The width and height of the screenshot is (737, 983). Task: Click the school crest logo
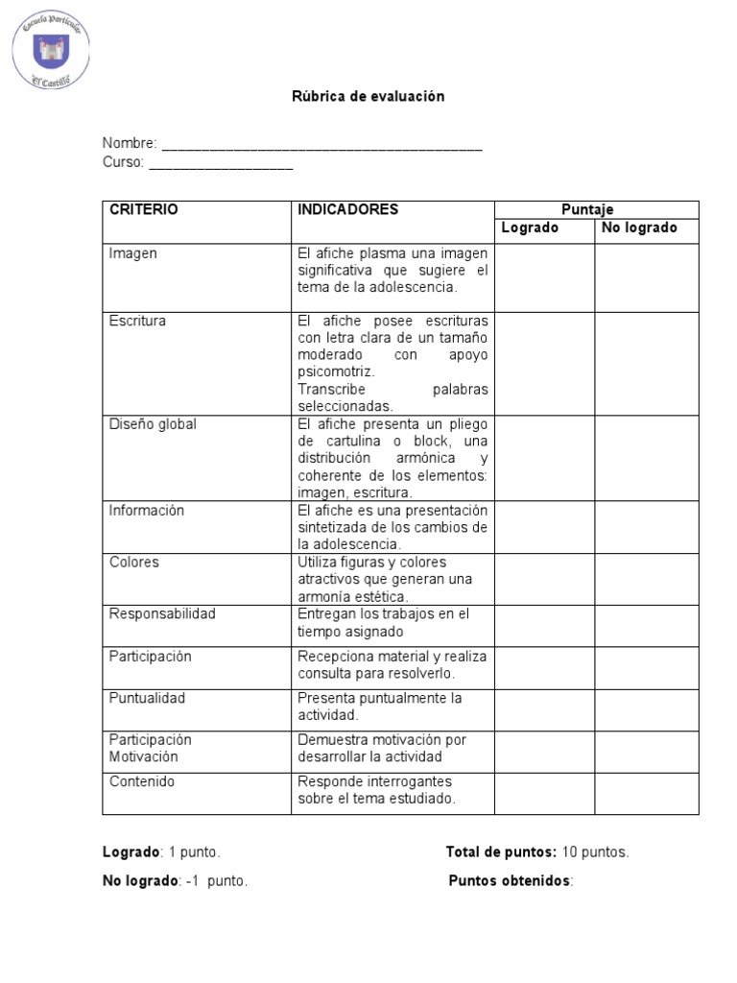51,49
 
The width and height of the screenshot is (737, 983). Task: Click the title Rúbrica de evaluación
368,97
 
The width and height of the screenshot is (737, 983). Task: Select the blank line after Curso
221,165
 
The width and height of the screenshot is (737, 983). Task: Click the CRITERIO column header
144,209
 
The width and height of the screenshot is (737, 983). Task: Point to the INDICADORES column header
347,209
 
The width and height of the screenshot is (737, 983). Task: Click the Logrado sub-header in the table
530,228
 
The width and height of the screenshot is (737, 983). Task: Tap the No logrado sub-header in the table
639,228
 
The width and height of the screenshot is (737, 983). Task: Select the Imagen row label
133,253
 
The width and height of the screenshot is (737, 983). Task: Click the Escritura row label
137,321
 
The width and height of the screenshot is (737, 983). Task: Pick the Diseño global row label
153,424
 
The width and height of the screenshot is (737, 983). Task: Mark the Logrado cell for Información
544,527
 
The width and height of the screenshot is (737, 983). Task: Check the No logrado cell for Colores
647,579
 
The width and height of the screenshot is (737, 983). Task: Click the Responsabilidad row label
162,614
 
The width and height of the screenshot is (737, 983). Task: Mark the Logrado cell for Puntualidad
544,709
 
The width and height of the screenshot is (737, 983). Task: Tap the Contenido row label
142,781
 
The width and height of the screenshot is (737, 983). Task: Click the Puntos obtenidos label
510,881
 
